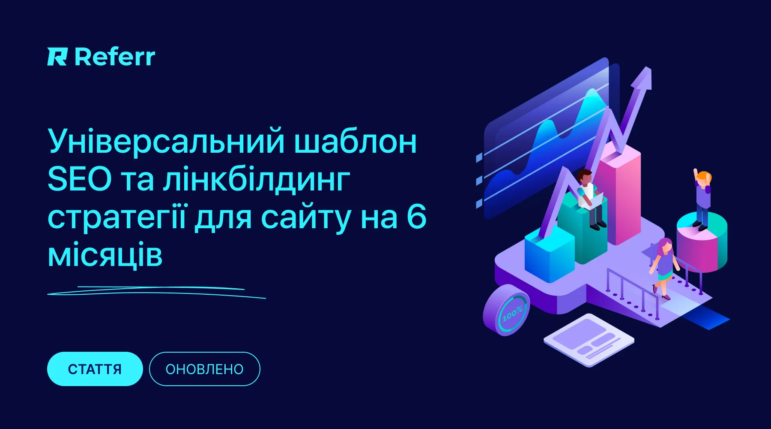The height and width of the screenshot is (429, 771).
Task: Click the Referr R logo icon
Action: (57, 57)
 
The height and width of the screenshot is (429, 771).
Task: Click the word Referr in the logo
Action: (115, 57)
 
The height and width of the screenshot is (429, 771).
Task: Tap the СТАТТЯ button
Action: (95, 369)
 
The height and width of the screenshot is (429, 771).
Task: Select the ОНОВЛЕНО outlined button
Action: (204, 369)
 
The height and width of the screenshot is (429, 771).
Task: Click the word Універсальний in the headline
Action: (166, 141)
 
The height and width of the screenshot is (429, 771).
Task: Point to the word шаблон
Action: (356, 141)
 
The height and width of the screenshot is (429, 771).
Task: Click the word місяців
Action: (105, 256)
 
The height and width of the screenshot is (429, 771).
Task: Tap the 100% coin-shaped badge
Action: (506, 310)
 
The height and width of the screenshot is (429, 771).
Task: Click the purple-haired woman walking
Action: (664, 268)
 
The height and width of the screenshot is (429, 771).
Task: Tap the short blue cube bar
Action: (550, 255)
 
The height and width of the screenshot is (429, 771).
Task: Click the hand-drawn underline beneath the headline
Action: (156, 292)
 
